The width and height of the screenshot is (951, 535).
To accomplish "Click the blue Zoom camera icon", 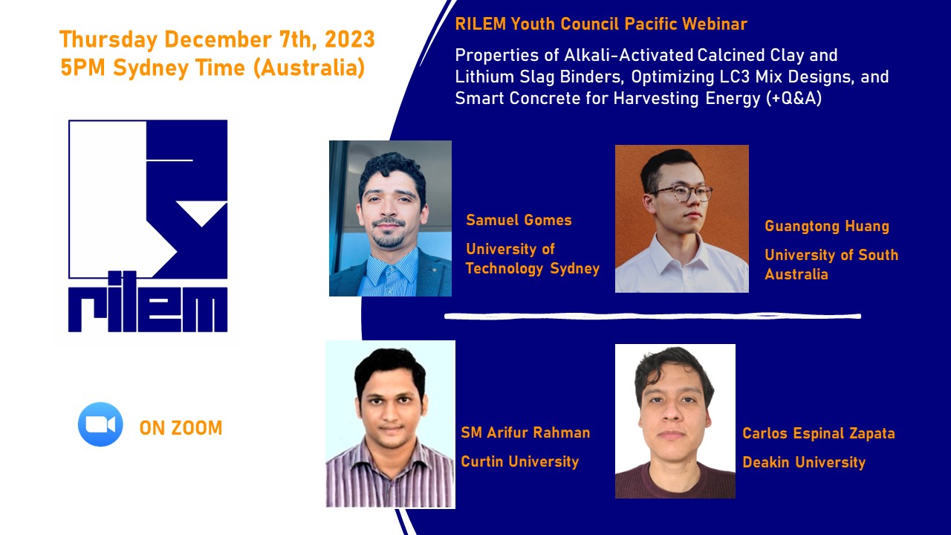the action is [x=100, y=424].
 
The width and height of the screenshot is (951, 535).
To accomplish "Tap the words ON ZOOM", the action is [x=181, y=428].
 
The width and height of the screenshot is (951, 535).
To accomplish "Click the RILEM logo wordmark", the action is [x=148, y=302].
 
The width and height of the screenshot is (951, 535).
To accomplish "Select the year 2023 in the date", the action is [x=349, y=39].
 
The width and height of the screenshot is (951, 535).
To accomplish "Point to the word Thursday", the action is [x=108, y=40].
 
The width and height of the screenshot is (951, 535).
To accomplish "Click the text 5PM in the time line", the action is [x=82, y=68].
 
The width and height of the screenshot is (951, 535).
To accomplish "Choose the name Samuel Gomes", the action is [x=519, y=220].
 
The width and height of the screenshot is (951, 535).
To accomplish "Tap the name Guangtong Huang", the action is [x=827, y=227].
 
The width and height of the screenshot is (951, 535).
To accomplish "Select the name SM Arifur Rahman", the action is [x=525, y=432].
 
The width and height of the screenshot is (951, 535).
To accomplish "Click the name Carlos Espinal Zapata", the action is [x=819, y=433].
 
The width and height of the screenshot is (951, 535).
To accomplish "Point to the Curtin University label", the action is [x=519, y=461].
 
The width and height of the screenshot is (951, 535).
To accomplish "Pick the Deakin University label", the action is [x=804, y=462].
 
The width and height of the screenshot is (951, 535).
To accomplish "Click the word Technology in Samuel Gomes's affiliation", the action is [x=504, y=269].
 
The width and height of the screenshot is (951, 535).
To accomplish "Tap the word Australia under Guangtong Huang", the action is [x=796, y=274].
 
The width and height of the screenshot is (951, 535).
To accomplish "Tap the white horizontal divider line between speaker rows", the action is [x=652, y=316].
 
